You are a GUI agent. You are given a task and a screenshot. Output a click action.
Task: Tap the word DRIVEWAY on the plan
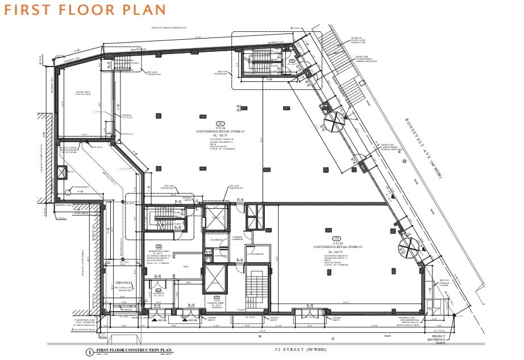tap(123, 282)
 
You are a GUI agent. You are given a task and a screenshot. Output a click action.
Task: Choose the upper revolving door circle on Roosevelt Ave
tap(335, 120)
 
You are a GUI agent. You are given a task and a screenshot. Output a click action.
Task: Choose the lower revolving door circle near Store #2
tap(410, 249)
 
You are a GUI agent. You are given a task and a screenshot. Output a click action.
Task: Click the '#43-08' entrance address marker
tap(161, 320)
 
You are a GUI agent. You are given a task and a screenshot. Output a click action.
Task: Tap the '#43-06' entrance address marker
tap(192, 320)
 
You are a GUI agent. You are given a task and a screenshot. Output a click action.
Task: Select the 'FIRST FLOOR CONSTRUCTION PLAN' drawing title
tap(134, 350)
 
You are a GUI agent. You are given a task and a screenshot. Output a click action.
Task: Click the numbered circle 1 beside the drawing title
tap(89, 353)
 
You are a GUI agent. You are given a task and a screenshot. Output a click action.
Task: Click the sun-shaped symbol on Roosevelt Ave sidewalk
tap(404, 162)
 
